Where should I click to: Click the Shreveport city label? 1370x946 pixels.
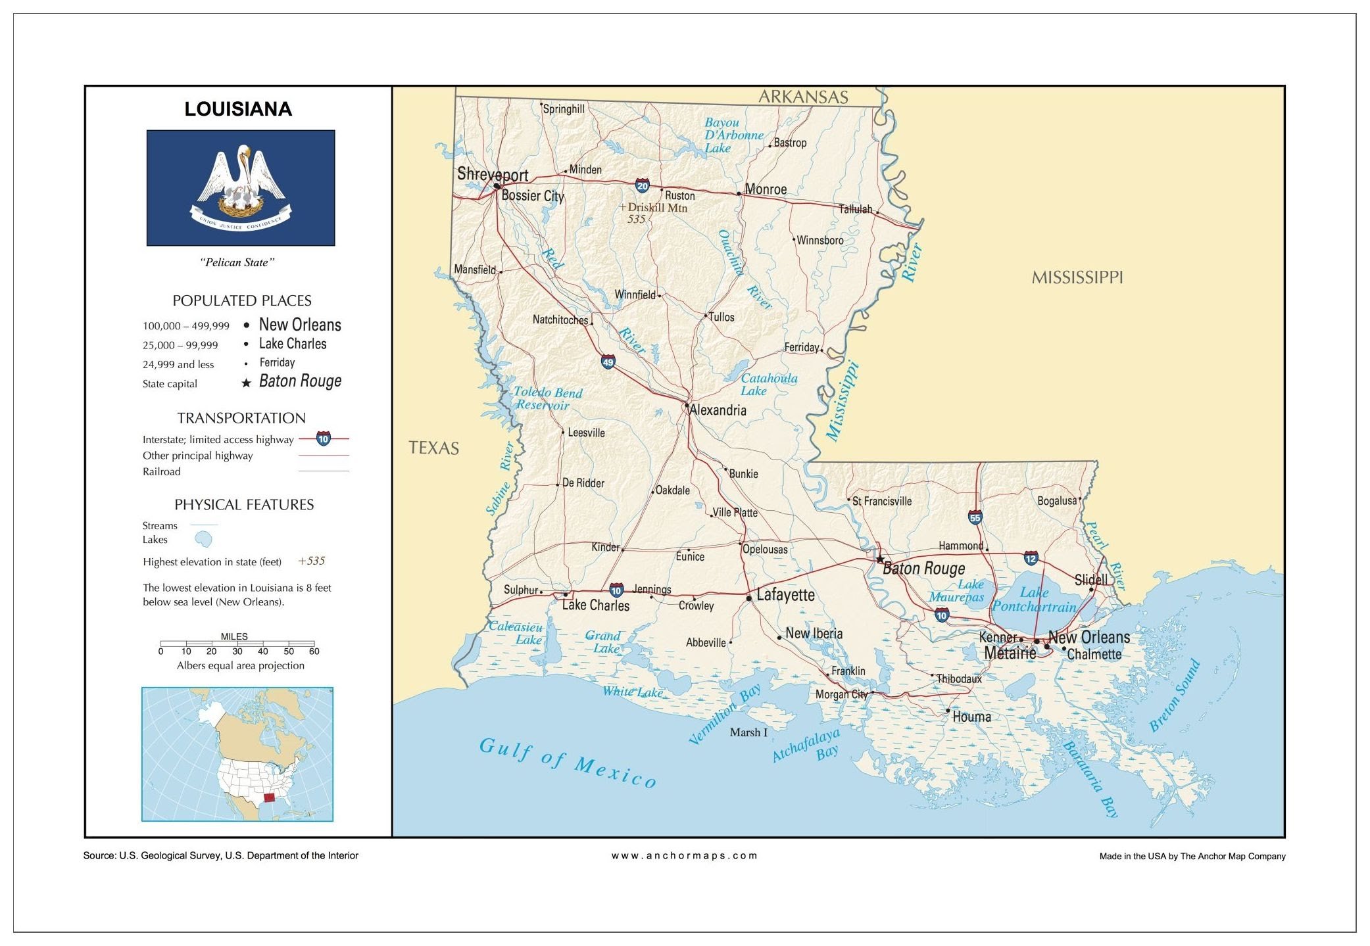pos(493,174)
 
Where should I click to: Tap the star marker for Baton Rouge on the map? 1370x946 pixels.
pos(880,559)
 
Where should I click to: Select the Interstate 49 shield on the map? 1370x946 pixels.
pos(608,362)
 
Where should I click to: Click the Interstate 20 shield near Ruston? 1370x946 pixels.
pos(642,186)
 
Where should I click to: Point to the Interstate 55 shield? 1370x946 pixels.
pos(975,517)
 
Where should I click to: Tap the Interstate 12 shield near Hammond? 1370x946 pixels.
pos(1031,559)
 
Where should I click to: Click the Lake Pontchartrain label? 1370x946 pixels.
pos(1034,600)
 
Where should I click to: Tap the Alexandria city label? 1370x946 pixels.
pos(718,410)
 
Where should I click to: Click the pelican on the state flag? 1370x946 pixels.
pos(241,181)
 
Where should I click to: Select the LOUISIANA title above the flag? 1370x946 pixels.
pos(238,109)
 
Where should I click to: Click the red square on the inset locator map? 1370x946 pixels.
pos(268,798)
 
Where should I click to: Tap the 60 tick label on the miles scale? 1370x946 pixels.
pos(314,651)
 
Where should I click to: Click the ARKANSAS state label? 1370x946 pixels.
pos(803,97)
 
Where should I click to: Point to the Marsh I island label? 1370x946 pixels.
pos(748,732)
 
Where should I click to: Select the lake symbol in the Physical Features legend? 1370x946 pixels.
pos(204,540)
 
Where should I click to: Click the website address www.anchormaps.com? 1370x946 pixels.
pos(684,855)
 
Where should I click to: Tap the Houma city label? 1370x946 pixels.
pos(971,717)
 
